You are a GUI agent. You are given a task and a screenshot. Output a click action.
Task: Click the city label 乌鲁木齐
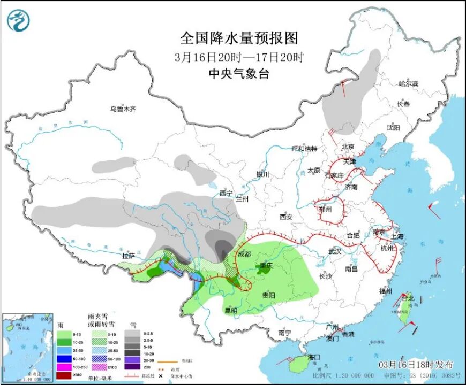point(123,109)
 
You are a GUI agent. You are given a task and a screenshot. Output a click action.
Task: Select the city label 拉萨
point(129,256)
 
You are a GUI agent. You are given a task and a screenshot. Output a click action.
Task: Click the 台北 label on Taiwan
point(408,298)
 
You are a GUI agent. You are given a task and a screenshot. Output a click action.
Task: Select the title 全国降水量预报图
point(238,38)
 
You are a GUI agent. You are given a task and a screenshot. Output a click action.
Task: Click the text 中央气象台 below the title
point(238,74)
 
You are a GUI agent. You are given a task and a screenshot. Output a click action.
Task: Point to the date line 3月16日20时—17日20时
point(238,57)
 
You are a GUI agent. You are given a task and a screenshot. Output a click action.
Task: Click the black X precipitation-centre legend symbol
point(145,376)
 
